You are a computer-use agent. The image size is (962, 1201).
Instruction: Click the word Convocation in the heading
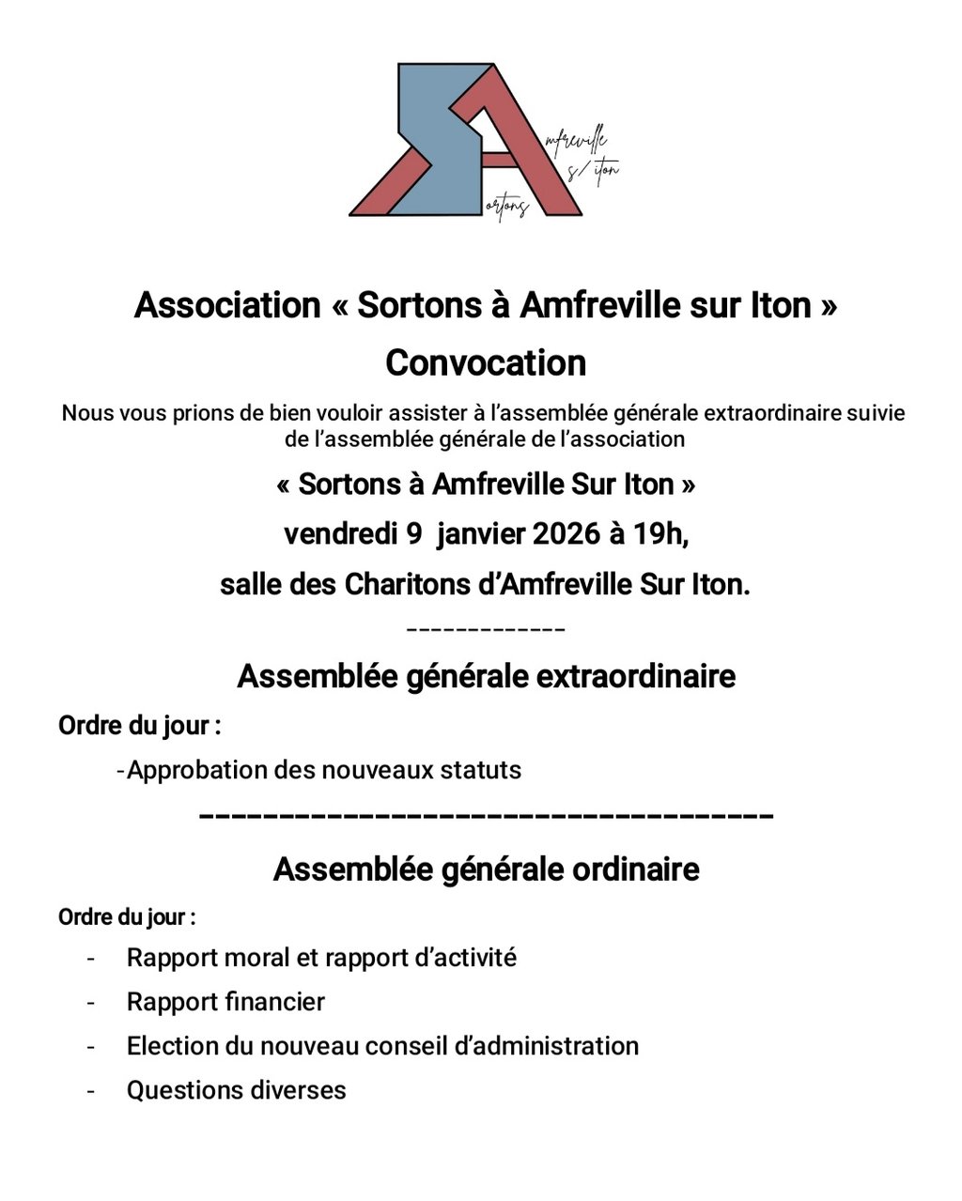point(486,362)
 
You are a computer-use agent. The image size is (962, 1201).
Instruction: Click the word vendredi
point(340,534)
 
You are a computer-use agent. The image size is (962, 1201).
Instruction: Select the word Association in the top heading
point(227,305)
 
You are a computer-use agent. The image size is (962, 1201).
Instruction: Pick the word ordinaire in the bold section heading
point(636,869)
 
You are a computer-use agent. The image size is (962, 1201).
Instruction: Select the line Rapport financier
point(225,1002)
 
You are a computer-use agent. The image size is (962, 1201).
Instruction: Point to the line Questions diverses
point(236,1090)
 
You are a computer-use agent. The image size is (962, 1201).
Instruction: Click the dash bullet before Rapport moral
point(91,959)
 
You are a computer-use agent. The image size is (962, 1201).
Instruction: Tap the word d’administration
point(546,1046)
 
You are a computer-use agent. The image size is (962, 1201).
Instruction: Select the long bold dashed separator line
point(487,816)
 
